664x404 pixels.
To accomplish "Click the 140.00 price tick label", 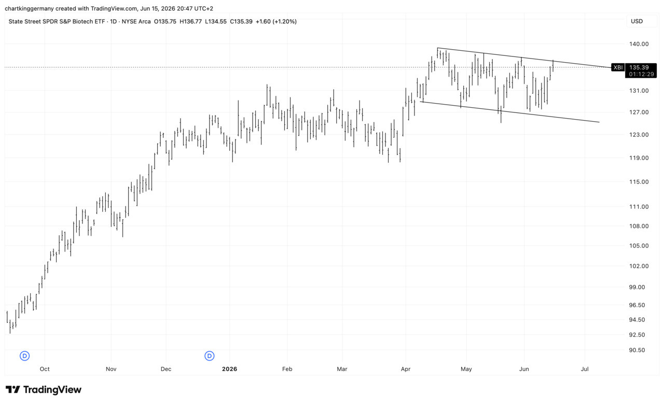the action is click(639, 44).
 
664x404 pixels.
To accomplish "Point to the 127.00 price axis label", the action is click(639, 112).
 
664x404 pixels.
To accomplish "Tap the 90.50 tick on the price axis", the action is click(637, 350).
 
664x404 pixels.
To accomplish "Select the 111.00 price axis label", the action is click(639, 207).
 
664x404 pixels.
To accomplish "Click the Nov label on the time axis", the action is click(111, 369).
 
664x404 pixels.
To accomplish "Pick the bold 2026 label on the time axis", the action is click(229, 369).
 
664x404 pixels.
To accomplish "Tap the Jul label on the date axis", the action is click(585, 369).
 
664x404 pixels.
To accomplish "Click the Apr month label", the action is click(406, 369).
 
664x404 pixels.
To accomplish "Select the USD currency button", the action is click(637, 21).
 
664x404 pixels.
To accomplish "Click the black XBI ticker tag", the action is click(618, 67).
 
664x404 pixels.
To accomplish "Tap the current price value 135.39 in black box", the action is click(639, 67).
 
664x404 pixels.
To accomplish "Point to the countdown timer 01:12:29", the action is click(641, 74).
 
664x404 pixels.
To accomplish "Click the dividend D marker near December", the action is click(209, 356).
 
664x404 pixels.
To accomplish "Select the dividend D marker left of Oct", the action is click(24, 356).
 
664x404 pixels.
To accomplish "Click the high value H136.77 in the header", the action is click(190, 22).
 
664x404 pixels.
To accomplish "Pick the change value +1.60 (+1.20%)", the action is click(276, 22).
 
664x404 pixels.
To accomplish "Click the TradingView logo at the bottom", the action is click(44, 389).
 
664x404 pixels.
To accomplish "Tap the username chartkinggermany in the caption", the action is click(30, 9).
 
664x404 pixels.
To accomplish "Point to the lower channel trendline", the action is click(509, 112).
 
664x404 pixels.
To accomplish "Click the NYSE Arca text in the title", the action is click(136, 22).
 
